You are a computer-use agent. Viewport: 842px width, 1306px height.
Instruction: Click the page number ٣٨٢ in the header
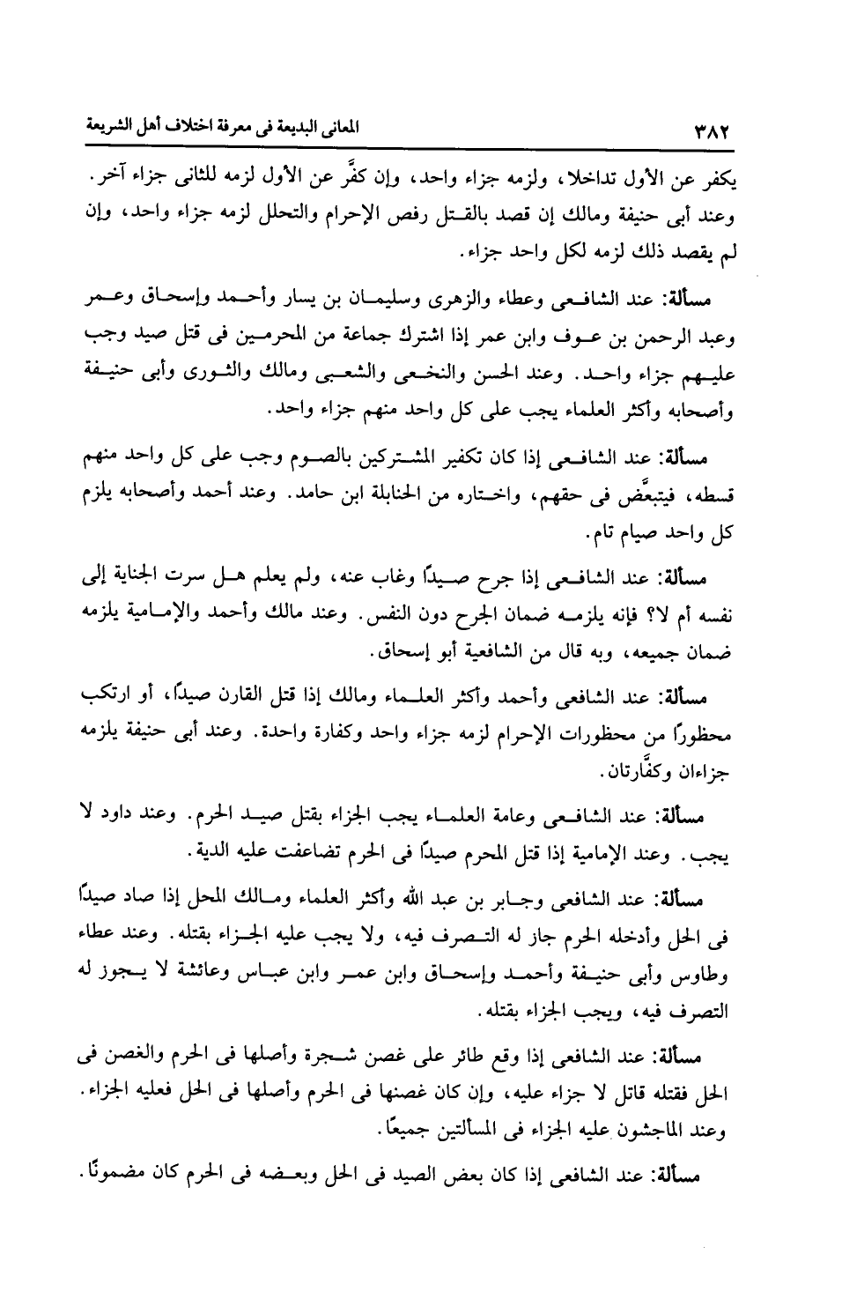(711, 131)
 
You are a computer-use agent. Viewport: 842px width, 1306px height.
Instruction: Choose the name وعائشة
(196, 971)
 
